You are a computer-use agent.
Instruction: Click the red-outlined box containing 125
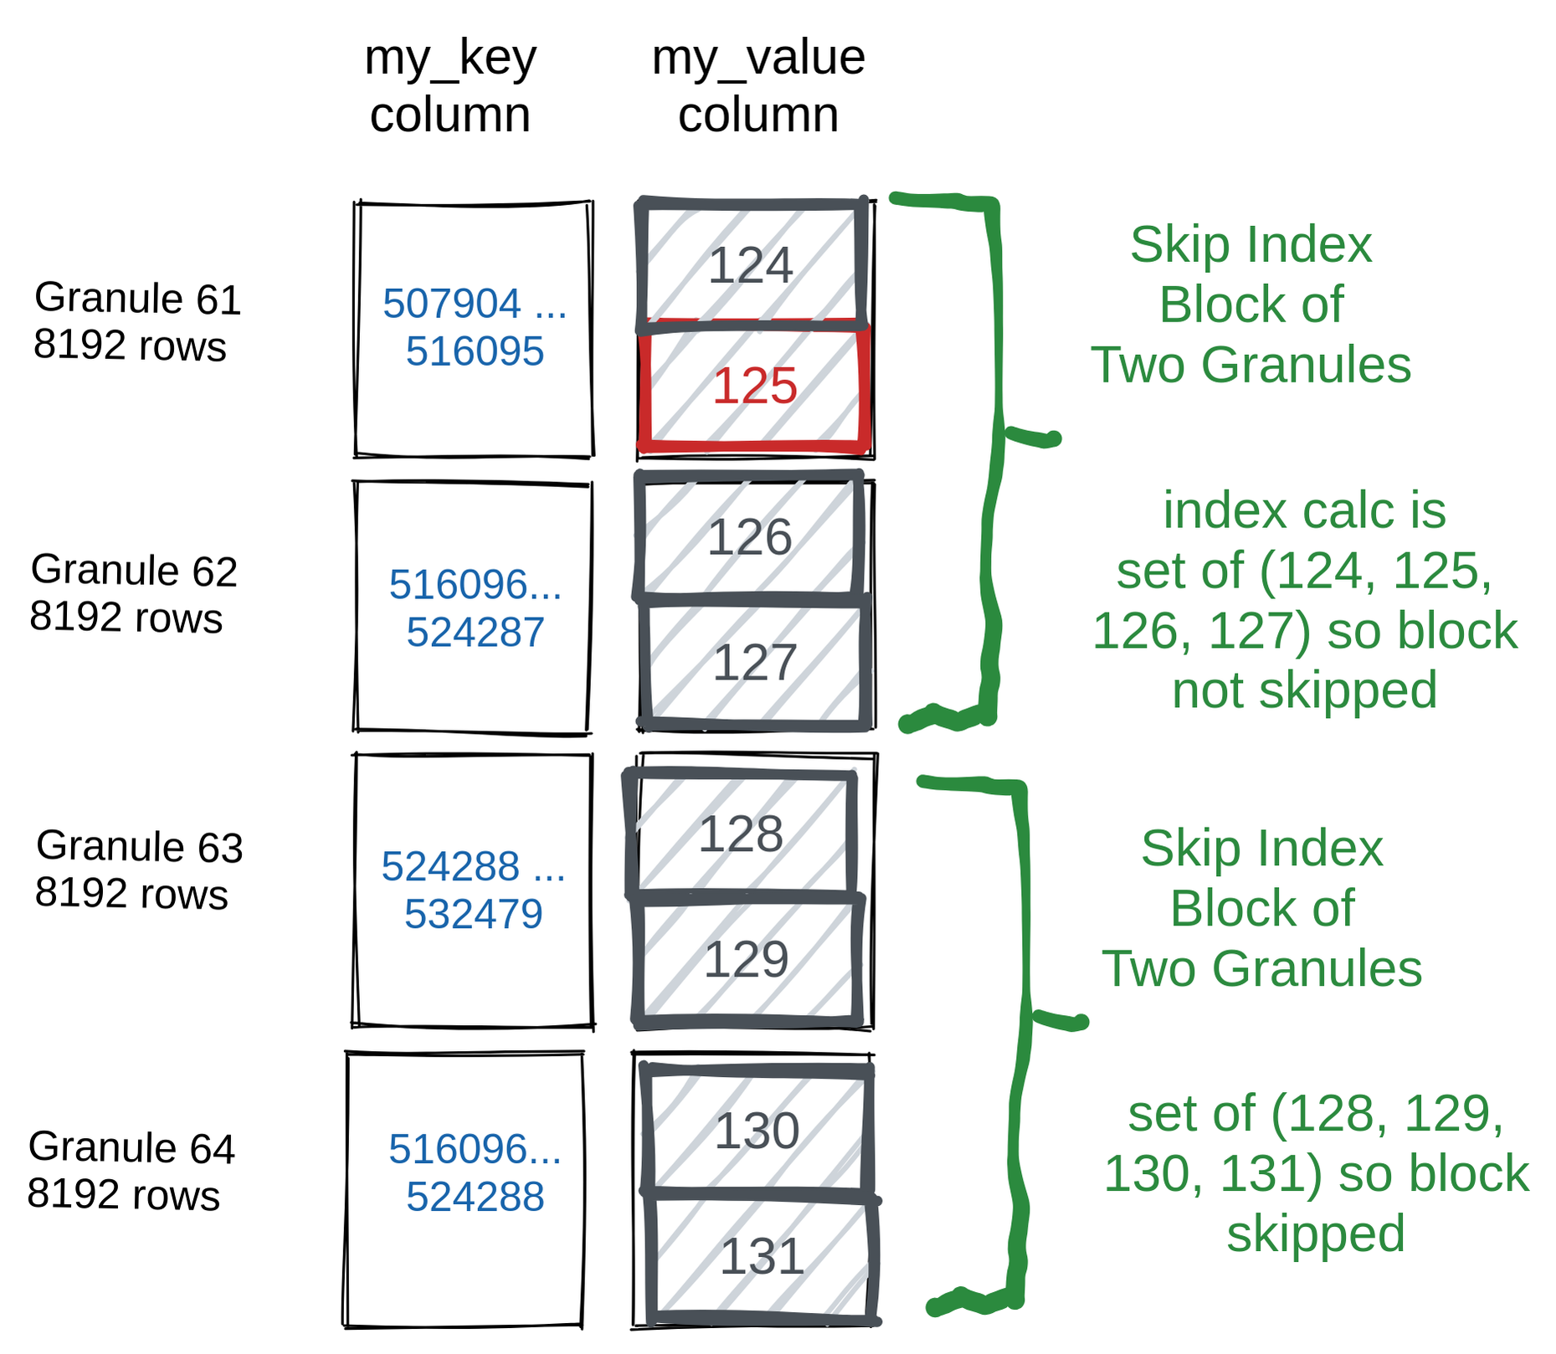753,387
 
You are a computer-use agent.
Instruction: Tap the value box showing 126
749,536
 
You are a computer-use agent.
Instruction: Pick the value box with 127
753,663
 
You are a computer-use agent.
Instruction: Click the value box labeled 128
741,833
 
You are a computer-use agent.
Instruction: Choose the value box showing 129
746,959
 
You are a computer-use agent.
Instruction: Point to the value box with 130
757,1131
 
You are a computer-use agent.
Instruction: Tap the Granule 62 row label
134,593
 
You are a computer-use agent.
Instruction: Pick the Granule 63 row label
138,869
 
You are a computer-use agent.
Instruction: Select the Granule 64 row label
131,1171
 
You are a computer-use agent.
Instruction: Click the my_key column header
450,85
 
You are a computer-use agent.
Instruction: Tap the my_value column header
758,85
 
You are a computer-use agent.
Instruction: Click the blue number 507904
452,303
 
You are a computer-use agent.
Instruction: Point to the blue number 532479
474,913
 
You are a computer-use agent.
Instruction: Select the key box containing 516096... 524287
474,608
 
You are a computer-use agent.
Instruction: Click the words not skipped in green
1304,690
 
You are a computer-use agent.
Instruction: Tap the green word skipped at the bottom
1315,1233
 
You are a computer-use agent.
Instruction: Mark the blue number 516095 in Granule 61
475,351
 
